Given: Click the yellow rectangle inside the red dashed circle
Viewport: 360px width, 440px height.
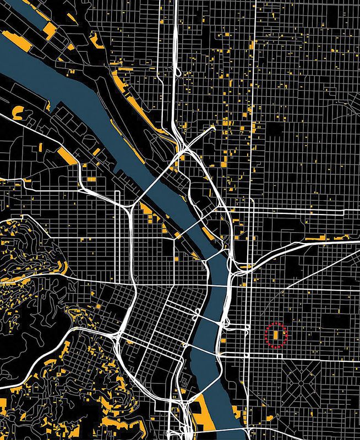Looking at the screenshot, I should tap(276, 333).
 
